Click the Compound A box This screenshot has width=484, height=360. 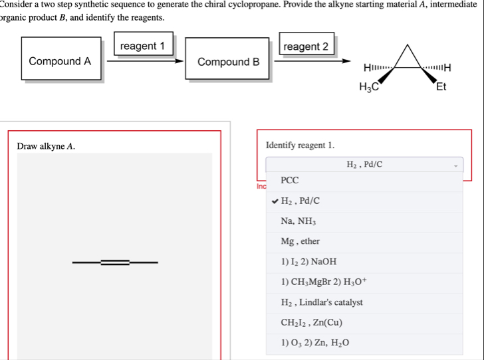[x=60, y=61]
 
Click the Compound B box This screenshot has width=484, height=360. [x=228, y=62]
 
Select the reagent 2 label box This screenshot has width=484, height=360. [x=306, y=46]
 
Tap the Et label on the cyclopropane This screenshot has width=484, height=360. [x=441, y=86]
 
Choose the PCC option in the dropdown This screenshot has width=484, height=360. [x=290, y=180]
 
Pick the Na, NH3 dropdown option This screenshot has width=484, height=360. [x=298, y=221]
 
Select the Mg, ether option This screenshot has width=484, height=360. [x=301, y=241]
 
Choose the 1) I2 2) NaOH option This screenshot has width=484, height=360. [x=308, y=262]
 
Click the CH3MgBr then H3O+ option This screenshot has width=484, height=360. [x=322, y=282]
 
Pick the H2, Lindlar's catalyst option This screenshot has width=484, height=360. [x=322, y=302]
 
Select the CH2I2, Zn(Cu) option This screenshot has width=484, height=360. [x=312, y=323]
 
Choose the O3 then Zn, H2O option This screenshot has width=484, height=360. [x=314, y=343]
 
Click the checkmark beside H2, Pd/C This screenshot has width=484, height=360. [x=275, y=201]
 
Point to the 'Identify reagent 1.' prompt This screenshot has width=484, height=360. [x=300, y=145]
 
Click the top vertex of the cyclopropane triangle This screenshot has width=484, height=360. [x=411, y=44]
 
